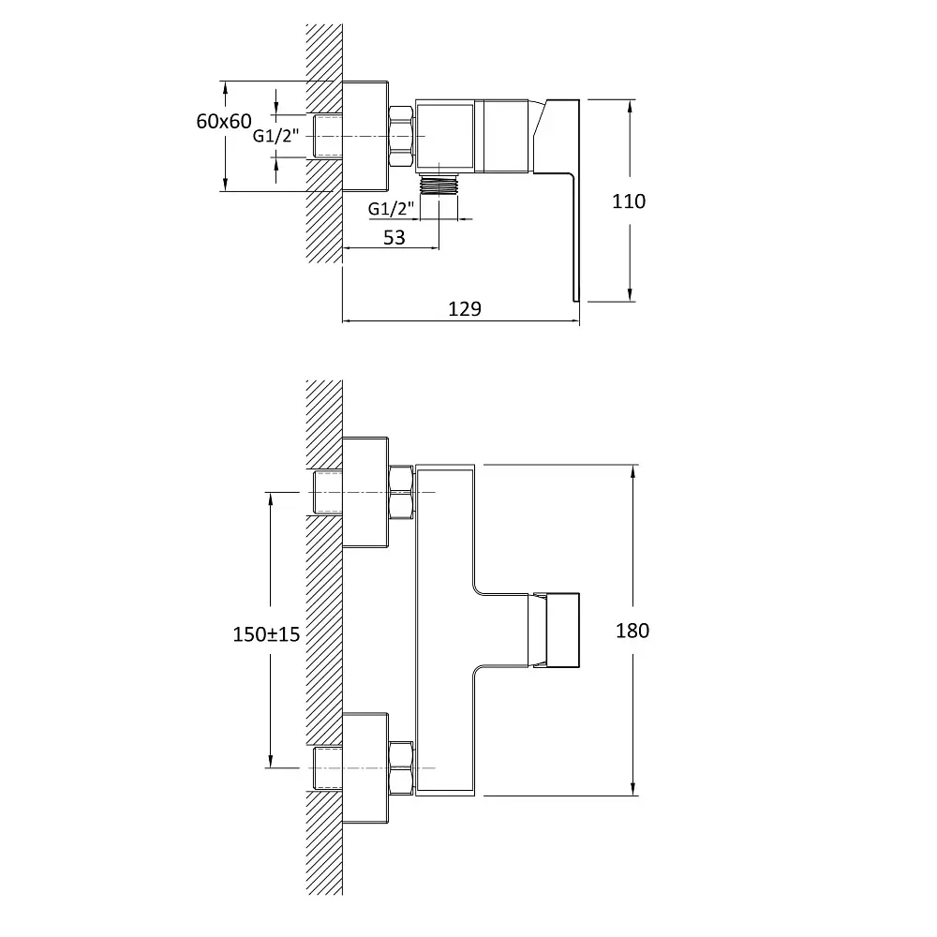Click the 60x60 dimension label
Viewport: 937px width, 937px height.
point(224,121)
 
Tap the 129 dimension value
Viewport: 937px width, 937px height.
point(465,309)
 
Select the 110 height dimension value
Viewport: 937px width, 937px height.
point(629,201)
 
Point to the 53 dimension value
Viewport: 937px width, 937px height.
point(394,238)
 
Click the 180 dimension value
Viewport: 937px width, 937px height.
point(632,631)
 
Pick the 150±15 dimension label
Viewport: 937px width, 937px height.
point(266,634)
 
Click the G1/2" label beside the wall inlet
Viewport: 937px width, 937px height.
point(275,136)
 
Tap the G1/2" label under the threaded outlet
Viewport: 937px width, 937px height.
point(391,209)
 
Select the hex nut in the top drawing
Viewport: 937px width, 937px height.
point(401,136)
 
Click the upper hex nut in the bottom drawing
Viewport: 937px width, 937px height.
point(401,492)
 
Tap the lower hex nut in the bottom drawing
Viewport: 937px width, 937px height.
point(401,768)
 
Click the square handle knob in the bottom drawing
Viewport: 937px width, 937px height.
point(557,630)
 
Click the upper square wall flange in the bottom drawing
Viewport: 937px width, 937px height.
point(365,493)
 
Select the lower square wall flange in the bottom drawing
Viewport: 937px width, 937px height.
point(365,768)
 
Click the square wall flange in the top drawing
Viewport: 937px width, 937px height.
point(365,136)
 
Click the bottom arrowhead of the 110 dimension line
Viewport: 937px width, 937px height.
point(630,294)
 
